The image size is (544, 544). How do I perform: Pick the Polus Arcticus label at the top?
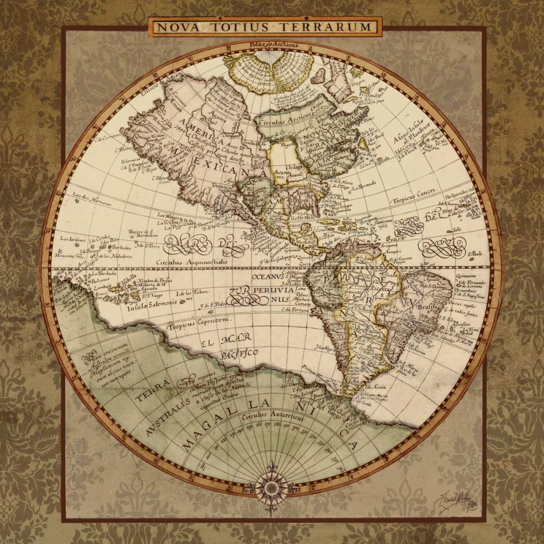(x=271, y=45)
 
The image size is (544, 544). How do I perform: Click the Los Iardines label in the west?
(x=72, y=238)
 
